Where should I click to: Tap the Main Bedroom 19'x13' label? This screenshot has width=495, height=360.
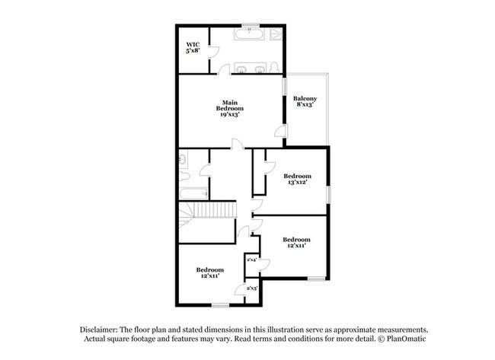(x=232, y=107)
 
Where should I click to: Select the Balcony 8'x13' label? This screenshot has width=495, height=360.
(x=305, y=103)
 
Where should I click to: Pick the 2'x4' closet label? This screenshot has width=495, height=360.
(x=251, y=260)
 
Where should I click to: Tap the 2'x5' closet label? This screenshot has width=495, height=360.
(x=251, y=288)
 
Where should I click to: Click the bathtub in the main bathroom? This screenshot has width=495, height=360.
(x=248, y=34)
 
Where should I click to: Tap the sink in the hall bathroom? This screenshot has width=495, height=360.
(x=184, y=161)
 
